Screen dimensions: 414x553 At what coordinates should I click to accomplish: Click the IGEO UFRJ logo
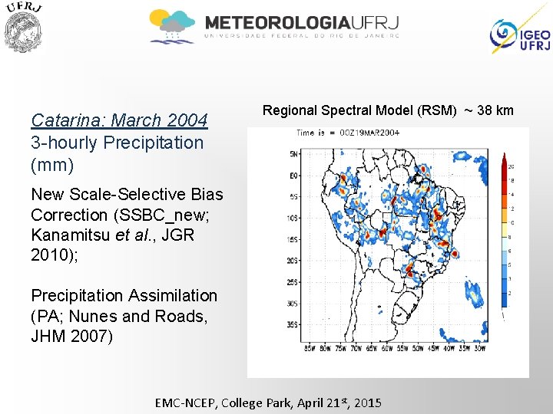520,34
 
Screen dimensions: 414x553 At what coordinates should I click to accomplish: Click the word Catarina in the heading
68,120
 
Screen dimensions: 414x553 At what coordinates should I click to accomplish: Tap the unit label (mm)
52,164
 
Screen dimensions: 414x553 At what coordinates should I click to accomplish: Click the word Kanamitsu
75,235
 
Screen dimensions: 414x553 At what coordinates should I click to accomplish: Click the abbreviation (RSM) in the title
436,111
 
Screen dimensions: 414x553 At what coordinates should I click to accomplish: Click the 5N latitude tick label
293,155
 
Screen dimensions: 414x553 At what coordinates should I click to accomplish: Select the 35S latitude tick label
293,324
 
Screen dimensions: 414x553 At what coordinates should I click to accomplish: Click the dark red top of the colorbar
504,161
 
